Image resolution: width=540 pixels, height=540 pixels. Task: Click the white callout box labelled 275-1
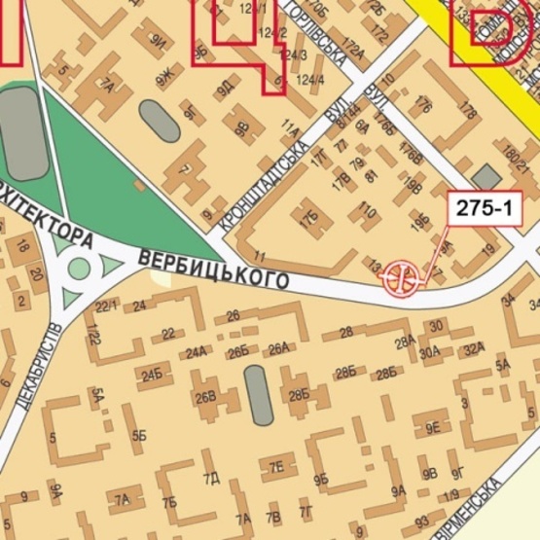coord(484,207)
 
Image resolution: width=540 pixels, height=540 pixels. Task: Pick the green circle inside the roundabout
coord(79,268)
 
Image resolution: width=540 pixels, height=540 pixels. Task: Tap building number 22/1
coord(106,306)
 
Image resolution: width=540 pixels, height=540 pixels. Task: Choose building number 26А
coord(279,348)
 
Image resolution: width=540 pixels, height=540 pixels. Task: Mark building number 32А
coord(474,349)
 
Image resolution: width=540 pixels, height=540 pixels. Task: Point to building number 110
coord(367,210)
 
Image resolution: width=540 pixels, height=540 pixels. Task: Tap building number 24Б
coord(152,375)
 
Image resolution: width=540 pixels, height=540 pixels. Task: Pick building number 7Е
coord(276,466)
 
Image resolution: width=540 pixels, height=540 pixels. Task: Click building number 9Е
coord(433,427)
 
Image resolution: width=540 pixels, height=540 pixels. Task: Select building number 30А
coord(431,351)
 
